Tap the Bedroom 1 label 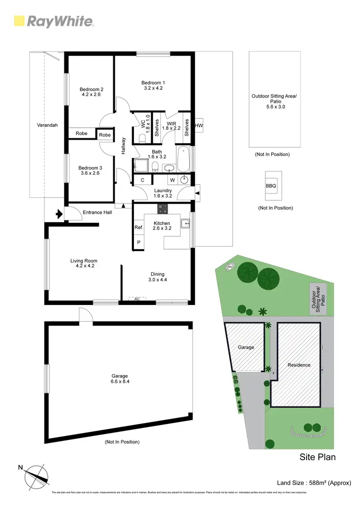click(153, 85)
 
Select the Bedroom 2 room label click(91, 92)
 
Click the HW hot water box click(199, 126)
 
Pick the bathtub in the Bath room click(183, 159)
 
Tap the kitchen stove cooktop click(163, 209)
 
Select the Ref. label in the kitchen click(138, 228)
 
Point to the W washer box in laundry click(171, 180)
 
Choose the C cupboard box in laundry click(143, 180)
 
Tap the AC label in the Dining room click(137, 299)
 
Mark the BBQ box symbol click(271, 186)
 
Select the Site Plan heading click(317, 457)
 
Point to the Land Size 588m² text click(314, 483)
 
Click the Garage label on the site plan click(246, 347)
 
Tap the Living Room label click(84, 264)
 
